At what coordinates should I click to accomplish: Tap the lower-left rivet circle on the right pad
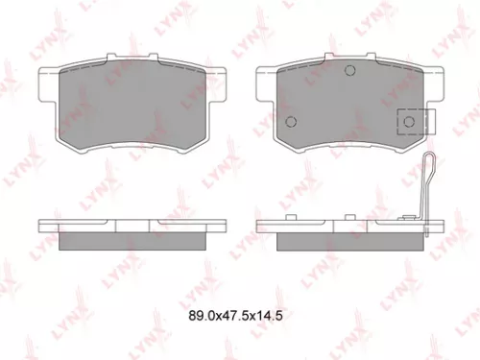tap(292, 121)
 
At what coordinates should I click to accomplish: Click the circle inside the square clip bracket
tap(410, 122)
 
